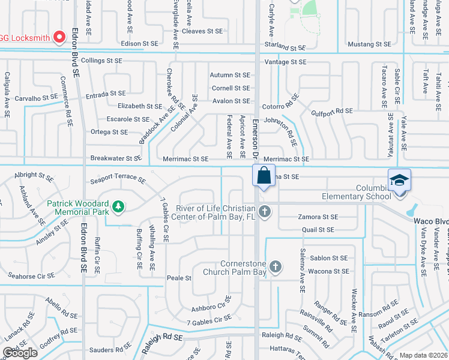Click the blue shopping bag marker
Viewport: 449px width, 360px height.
[x=264, y=176]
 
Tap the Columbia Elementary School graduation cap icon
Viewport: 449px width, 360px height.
[x=399, y=180]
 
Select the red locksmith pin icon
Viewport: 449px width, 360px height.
[x=59, y=37]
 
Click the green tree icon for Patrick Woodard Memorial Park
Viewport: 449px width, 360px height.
[x=119, y=206]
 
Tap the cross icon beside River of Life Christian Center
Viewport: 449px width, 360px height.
[x=265, y=211]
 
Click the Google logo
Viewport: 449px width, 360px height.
[x=20, y=353]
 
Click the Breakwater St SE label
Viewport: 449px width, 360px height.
[x=116, y=158]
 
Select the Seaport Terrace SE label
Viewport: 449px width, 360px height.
[x=118, y=179]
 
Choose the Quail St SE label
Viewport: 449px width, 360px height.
[x=318, y=230]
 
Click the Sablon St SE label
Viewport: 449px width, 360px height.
[x=329, y=258]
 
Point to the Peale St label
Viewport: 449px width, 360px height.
[x=179, y=278]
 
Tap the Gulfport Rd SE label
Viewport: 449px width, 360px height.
[x=332, y=112]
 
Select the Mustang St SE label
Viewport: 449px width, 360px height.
[x=370, y=44]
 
